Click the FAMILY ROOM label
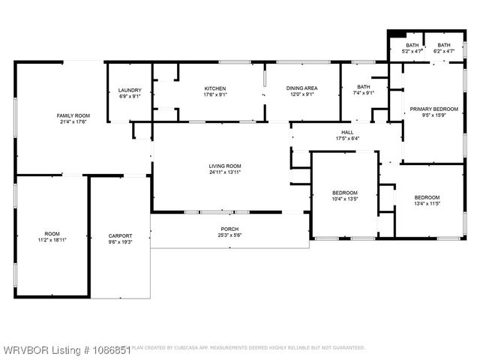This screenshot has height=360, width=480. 73,115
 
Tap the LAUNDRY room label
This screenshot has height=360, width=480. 130,89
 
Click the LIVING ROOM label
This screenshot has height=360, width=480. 224,166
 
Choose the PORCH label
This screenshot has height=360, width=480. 229,229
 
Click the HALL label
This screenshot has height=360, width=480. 347,132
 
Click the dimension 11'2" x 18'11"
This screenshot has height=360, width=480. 52,241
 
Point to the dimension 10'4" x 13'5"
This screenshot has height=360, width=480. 345,199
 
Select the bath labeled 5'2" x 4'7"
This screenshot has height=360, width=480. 412,52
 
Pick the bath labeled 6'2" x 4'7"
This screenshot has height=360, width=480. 444,52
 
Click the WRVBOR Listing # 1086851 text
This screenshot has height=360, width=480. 65,349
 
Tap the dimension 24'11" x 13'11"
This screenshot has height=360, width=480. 224,172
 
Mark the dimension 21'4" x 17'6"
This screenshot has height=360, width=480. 73,121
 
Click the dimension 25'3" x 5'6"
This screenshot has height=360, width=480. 229,235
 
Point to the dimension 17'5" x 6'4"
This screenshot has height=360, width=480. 347,138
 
